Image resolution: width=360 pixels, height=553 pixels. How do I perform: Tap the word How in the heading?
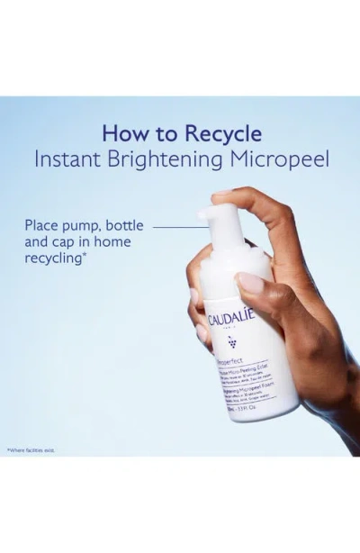pyautogui.click(x=123, y=134)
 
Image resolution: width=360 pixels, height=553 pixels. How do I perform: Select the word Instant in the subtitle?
pyautogui.click(x=68, y=159)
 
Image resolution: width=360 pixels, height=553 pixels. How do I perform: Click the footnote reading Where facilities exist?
pyautogui.click(x=32, y=448)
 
